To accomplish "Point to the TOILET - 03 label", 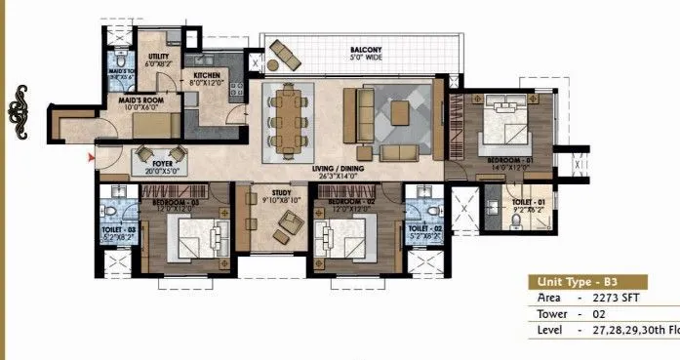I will [117, 231].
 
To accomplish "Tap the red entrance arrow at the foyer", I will [92, 156].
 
